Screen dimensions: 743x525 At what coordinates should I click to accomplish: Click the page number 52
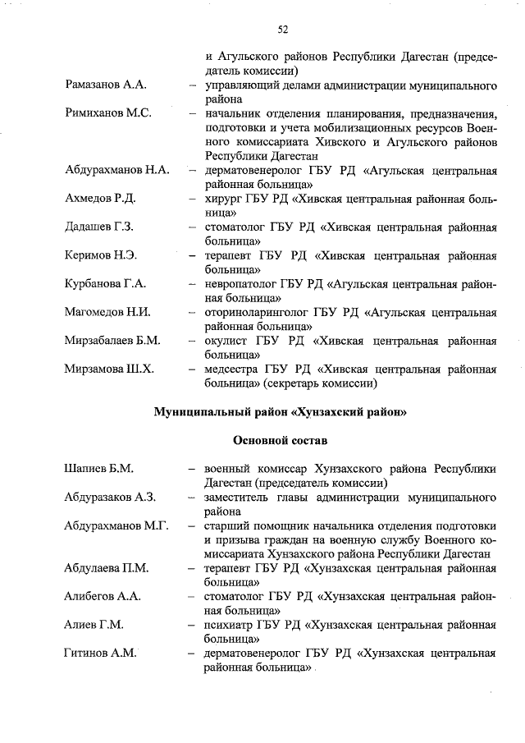click(x=282, y=30)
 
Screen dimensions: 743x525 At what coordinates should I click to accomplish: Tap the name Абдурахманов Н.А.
click(x=116, y=171)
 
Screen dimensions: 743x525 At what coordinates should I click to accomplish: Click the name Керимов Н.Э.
click(x=100, y=255)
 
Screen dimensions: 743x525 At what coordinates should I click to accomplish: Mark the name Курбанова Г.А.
click(x=105, y=284)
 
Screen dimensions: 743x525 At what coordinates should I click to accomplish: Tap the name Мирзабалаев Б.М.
click(x=112, y=341)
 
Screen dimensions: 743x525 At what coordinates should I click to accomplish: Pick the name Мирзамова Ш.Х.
click(x=109, y=369)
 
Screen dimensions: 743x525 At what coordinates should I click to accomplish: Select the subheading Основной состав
click(x=280, y=440)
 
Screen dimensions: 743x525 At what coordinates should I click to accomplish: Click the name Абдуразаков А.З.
click(x=110, y=498)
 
